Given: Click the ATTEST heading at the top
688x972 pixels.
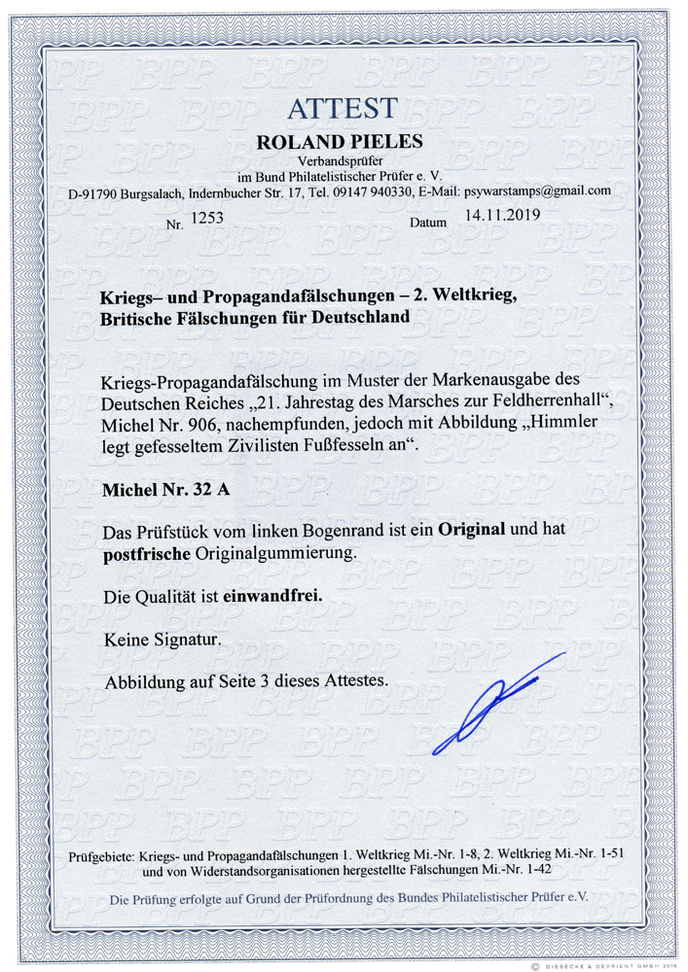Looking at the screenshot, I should click(x=342, y=107).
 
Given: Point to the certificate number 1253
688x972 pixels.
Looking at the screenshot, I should click(x=209, y=219).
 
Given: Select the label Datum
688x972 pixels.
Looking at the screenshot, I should click(x=428, y=223).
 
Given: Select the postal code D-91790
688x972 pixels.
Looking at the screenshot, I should click(x=94, y=191).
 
